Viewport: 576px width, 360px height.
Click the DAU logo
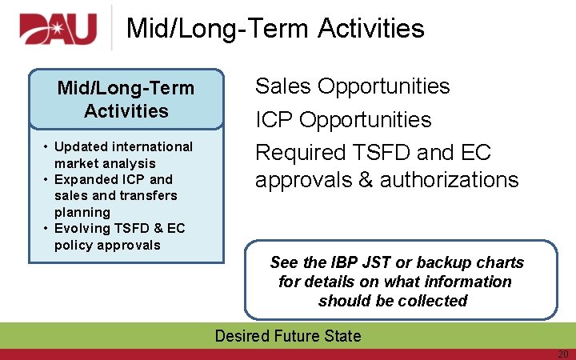pyautogui.click(x=58, y=29)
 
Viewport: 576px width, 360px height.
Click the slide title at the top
pyautogui.click(x=275, y=29)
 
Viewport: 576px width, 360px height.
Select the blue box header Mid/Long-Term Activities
pyautogui.click(x=126, y=99)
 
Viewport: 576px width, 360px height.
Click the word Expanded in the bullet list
pyautogui.click(x=84, y=179)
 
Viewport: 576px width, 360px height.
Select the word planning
pyautogui.click(x=82, y=212)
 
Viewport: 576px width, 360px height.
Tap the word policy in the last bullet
pyautogui.click(x=74, y=245)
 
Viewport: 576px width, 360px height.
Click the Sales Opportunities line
pyautogui.click(x=352, y=86)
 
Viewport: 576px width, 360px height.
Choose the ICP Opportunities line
pyautogui.click(x=342, y=120)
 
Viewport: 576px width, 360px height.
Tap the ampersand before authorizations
pyautogui.click(x=365, y=179)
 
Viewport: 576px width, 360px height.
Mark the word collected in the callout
pyautogui.click(x=436, y=301)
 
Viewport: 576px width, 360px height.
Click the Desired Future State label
pyautogui.click(x=288, y=336)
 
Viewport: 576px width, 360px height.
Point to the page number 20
pyautogui.click(x=562, y=354)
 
